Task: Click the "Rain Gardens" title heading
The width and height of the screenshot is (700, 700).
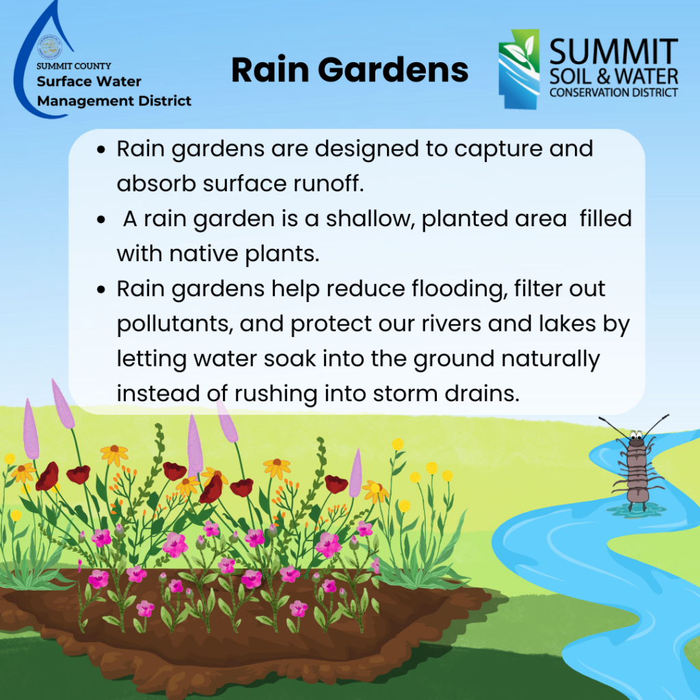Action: coord(350,70)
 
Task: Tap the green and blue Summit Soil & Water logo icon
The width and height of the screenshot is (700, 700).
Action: coord(519,69)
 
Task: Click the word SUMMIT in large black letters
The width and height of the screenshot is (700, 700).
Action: coord(614,52)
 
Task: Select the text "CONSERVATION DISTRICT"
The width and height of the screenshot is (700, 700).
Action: coord(614,92)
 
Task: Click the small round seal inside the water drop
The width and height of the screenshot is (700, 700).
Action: coord(49,47)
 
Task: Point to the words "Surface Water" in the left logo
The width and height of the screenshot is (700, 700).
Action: coord(89,82)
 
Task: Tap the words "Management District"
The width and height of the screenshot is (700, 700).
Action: coord(114,101)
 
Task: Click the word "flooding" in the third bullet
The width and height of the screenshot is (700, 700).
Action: coord(458,289)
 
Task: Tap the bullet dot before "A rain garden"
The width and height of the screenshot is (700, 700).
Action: coord(101,219)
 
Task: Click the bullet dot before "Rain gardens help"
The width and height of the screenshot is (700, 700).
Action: coord(101,290)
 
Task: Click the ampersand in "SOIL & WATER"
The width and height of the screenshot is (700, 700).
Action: coord(603,77)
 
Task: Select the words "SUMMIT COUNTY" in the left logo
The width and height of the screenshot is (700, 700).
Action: coord(74,66)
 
